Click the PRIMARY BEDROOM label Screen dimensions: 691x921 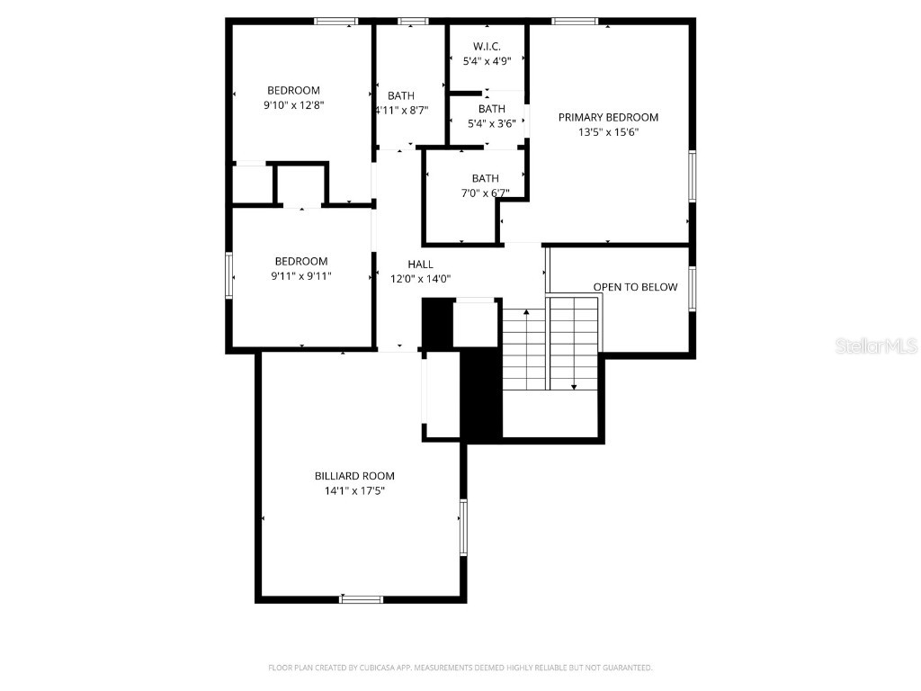tap(608, 117)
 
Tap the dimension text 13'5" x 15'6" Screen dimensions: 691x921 tap(608, 132)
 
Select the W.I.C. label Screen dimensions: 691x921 tap(487, 47)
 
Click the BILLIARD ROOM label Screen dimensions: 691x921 tap(354, 476)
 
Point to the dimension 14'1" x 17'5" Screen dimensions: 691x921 tap(354, 491)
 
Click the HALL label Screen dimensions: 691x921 tap(420, 265)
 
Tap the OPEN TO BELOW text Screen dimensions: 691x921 tap(635, 287)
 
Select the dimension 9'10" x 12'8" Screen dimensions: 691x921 tap(293, 105)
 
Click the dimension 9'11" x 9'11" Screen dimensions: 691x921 tap(301, 276)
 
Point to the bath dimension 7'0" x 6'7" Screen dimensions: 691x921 tap(485, 193)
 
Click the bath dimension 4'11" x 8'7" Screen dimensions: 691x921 tap(401, 111)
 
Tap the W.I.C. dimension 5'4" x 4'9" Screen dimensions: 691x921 tap(487, 62)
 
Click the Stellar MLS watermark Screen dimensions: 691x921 tap(875, 345)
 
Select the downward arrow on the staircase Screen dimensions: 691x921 tap(574, 385)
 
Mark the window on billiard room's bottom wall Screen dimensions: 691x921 tap(362, 598)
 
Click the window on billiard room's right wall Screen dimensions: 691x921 tap(463, 526)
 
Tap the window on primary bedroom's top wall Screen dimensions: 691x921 tap(575, 21)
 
